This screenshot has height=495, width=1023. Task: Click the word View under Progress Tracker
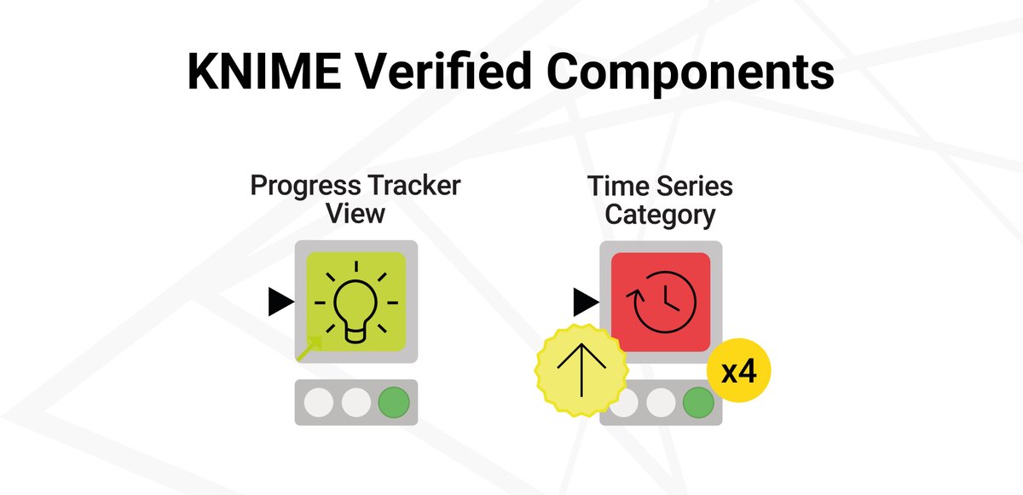click(x=355, y=213)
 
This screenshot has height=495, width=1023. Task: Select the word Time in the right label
click(x=616, y=186)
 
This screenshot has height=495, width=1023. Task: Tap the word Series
click(x=696, y=186)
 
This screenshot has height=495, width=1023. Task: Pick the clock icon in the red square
click(x=662, y=301)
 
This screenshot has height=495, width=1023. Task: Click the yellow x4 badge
click(x=739, y=372)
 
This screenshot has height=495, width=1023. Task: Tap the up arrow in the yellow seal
click(x=581, y=368)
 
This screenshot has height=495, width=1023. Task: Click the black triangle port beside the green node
click(x=280, y=302)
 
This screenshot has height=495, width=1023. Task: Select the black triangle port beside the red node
click(x=585, y=301)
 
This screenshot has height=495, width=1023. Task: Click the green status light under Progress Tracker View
click(x=394, y=402)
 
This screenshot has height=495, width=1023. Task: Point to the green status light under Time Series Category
click(x=698, y=402)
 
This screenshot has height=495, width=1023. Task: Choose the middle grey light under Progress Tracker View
click(x=356, y=402)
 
